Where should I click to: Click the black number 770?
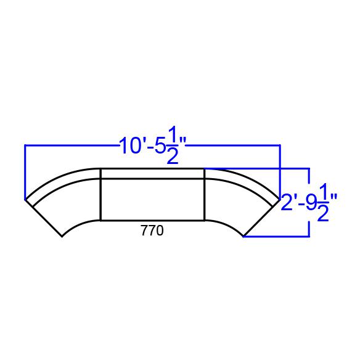152,231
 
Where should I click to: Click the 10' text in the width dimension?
131,145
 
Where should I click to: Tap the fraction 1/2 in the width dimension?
173,145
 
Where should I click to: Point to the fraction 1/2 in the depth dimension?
323,202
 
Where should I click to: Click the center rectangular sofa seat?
152,200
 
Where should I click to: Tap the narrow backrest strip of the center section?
152,174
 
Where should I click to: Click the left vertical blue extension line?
25,172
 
